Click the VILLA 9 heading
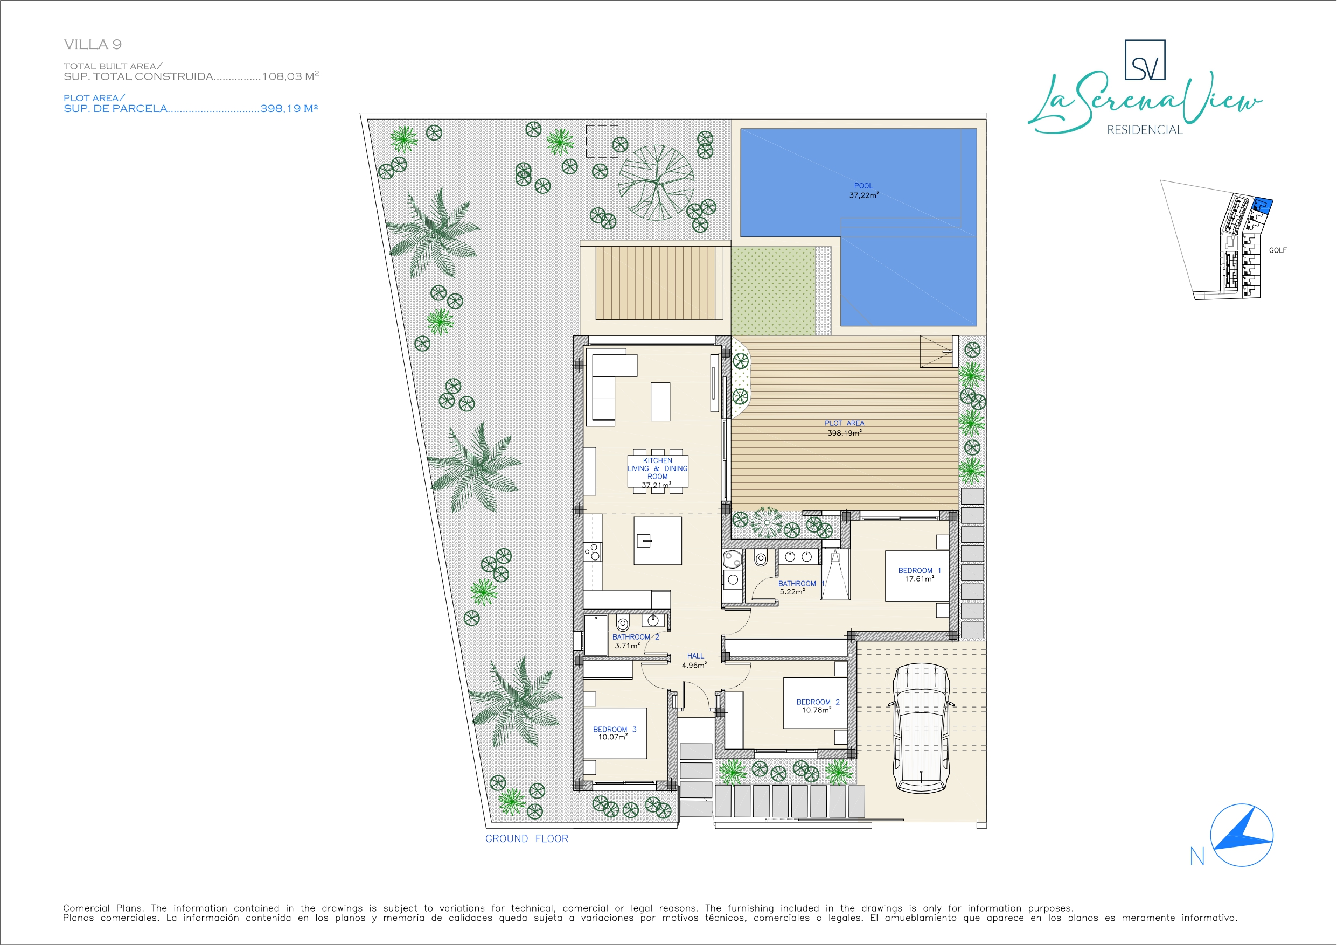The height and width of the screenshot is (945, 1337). [x=93, y=44]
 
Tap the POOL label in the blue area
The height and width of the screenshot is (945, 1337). [x=863, y=186]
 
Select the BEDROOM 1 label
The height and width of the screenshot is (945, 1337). [x=920, y=571]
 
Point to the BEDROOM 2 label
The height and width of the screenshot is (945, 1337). [x=818, y=702]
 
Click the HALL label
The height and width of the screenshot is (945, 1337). [x=695, y=656]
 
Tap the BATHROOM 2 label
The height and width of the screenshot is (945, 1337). [x=635, y=637]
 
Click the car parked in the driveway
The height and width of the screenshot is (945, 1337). [x=921, y=729]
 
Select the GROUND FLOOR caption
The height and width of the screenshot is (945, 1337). [x=526, y=839]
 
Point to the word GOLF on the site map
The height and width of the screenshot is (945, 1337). [x=1278, y=250]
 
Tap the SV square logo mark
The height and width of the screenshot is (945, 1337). [x=1145, y=60]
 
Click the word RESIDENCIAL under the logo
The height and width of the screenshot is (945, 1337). [x=1145, y=130]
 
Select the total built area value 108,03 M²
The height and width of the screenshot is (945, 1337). [x=290, y=76]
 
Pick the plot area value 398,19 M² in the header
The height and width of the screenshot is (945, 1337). [x=289, y=108]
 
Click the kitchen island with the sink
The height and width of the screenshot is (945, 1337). [x=657, y=541]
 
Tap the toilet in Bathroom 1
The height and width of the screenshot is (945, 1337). [x=761, y=559]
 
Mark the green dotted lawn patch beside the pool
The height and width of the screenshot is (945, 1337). [x=774, y=291]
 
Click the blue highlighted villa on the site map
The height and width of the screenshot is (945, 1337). [x=1262, y=206]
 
